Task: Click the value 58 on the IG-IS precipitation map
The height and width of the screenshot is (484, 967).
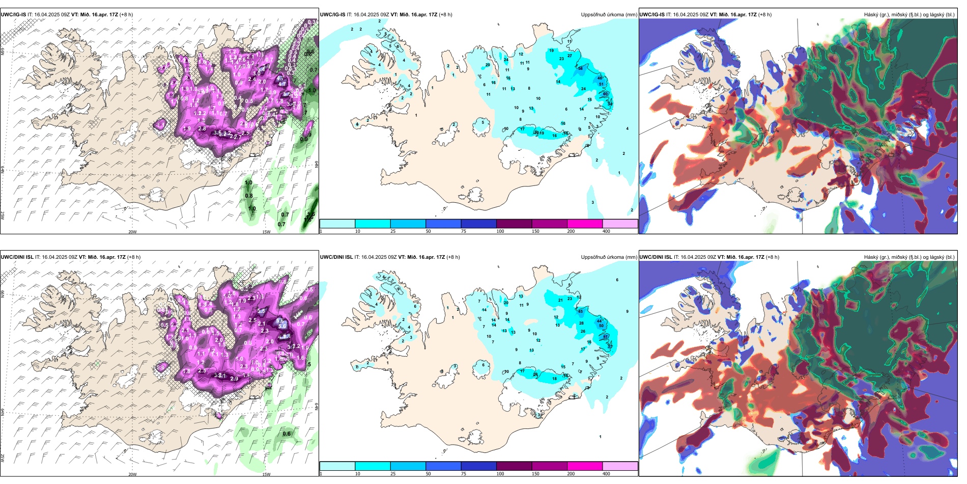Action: tap(580, 68)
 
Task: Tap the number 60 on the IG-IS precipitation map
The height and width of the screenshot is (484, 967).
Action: tap(605, 94)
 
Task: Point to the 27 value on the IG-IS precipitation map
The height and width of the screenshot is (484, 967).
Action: tap(570, 56)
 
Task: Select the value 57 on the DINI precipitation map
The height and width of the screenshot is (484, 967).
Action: tap(606, 337)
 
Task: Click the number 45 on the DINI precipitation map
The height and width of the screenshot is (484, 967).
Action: tap(581, 311)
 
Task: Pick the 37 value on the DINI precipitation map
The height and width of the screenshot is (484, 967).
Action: tap(610, 347)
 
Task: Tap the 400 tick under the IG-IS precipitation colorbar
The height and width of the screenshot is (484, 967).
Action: tap(606, 231)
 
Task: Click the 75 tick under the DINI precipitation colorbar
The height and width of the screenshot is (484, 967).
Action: tap(463, 474)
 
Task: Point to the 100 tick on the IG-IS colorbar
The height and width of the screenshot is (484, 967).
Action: tap(500, 231)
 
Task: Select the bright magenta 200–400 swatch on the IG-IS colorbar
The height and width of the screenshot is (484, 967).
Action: tap(585, 224)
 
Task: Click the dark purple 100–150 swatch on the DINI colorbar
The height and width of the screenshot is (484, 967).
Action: tap(514, 466)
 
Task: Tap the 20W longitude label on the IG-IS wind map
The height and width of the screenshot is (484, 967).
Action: tap(132, 232)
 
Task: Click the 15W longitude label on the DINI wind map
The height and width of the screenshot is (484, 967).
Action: tap(266, 474)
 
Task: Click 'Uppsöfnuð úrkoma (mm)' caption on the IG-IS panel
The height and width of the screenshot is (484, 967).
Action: tap(609, 15)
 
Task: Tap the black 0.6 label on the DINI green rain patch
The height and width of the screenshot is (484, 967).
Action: tap(287, 434)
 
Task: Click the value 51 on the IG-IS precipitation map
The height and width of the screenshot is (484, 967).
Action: tap(601, 85)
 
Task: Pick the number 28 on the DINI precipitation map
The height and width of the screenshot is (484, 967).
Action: tap(582, 324)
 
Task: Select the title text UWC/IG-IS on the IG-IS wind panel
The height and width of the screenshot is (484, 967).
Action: tap(13, 15)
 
